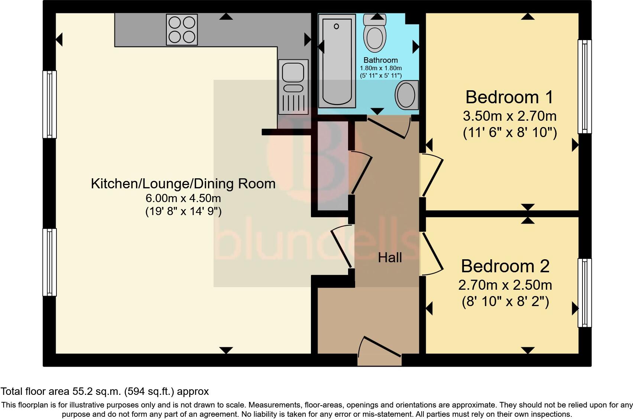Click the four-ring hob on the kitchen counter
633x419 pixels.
(x=182, y=30)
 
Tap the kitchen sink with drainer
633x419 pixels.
(x=293, y=87)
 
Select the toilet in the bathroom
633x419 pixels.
(x=375, y=33)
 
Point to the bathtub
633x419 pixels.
(x=337, y=61)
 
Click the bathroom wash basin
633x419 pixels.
(x=406, y=95)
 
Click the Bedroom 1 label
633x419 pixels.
(x=509, y=97)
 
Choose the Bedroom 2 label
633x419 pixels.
(x=505, y=266)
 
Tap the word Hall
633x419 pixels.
(x=390, y=258)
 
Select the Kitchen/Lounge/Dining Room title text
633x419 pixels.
(x=183, y=183)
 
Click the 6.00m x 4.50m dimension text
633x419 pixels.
(x=183, y=198)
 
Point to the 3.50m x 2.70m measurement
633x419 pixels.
(x=510, y=116)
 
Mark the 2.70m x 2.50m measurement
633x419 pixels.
(x=505, y=285)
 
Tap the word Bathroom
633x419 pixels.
(x=381, y=60)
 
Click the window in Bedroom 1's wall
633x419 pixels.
(x=585, y=87)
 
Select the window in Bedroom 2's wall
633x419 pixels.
(x=585, y=293)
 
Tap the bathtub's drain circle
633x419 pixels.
(x=336, y=26)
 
